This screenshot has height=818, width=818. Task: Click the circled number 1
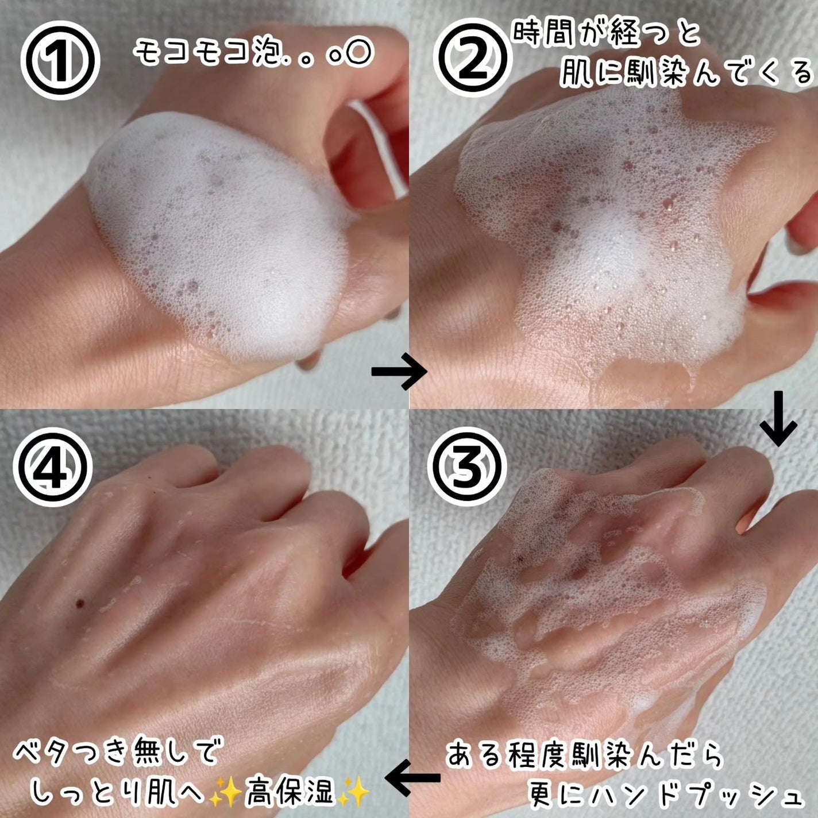point(60,60)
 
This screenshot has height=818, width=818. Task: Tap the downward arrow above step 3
point(778,418)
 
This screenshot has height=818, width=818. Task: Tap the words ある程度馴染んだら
point(584,744)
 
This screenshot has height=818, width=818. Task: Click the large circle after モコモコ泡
point(357,53)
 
